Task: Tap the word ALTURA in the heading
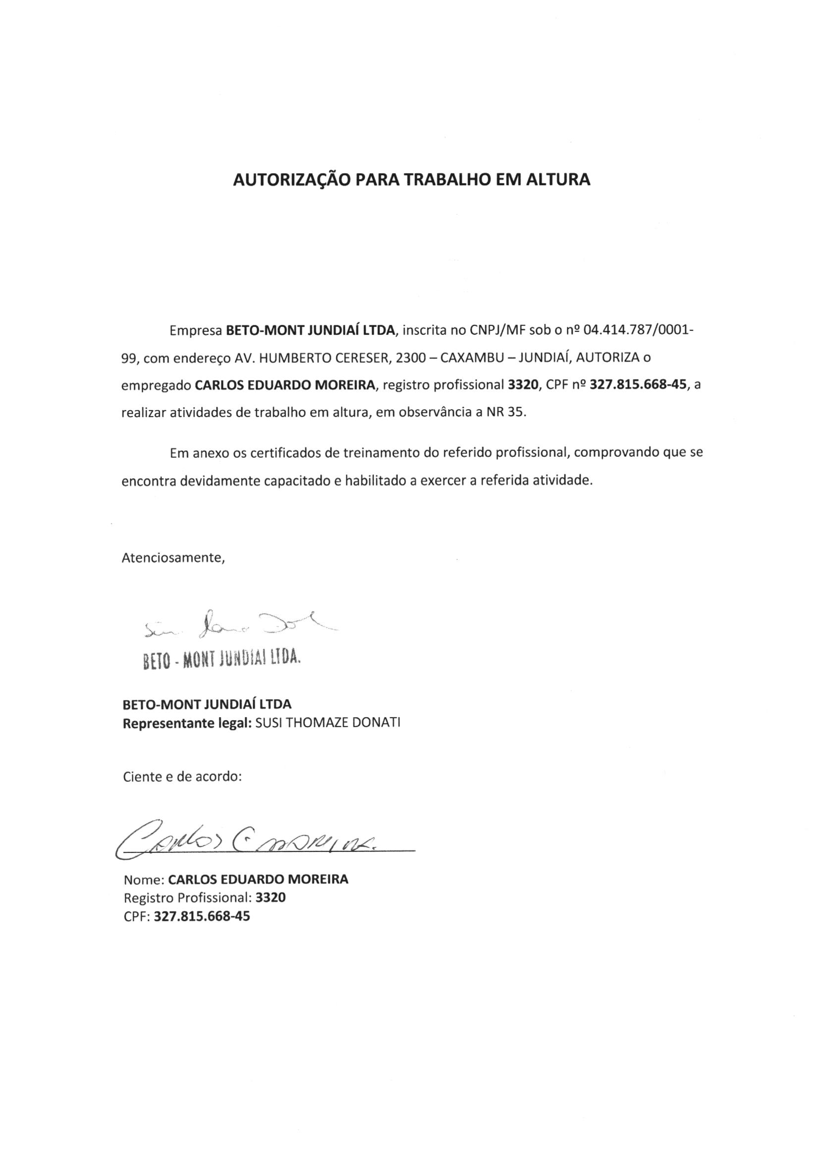tap(557, 180)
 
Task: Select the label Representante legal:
tap(188, 723)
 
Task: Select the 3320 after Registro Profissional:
tap(271, 898)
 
